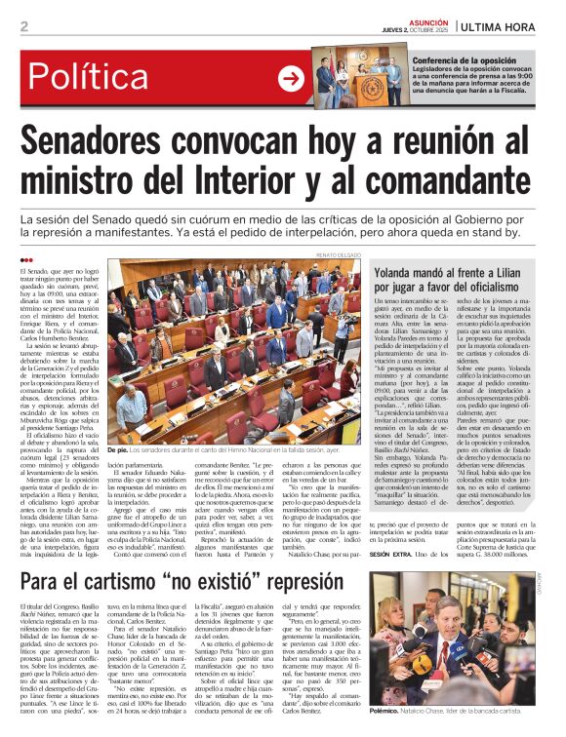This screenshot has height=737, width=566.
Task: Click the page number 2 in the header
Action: tap(23, 26)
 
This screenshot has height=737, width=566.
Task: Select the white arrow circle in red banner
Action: tap(290, 79)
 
